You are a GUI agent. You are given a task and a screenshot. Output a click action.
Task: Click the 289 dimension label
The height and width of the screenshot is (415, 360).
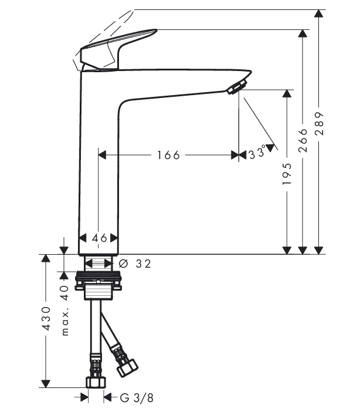tap(320, 124)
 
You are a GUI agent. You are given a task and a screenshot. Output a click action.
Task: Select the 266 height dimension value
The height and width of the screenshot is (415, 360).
tap(303, 140)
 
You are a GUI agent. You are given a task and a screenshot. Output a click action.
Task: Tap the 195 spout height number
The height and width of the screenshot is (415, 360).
tap(287, 174)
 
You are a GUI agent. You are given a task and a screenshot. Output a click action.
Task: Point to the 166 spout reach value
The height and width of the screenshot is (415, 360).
tap(168, 155)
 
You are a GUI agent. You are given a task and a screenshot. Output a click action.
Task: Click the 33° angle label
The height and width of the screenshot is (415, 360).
tap(257, 153)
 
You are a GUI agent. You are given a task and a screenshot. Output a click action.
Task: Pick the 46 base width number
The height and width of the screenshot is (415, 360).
tap(100, 238)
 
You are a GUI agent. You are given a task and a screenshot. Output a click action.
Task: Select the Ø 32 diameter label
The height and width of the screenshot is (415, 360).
tap(135, 264)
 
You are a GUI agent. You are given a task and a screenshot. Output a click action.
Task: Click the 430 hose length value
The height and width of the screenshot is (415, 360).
tap(46, 318)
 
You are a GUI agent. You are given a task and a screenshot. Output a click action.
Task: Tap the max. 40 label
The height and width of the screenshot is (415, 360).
tap(64, 311)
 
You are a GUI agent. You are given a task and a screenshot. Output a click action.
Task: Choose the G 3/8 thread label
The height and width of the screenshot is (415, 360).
tap(137, 397)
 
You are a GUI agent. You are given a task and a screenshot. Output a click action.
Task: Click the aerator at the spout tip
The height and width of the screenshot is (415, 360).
tap(237, 87)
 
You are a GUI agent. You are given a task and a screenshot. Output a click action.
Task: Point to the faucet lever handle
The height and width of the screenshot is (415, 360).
tap(118, 48)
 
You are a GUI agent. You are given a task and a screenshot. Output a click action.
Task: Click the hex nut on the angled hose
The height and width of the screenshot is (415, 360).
tap(127, 367)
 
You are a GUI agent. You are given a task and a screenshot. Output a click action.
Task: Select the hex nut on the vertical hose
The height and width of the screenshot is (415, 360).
tap(96, 382)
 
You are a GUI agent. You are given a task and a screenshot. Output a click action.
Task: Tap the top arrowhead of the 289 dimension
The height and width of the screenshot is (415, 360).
tap(319, 14)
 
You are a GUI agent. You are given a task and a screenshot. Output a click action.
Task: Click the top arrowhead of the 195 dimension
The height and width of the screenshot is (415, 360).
tap(287, 94)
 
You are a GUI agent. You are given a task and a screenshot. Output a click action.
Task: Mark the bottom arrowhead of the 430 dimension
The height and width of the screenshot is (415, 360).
tap(46, 384)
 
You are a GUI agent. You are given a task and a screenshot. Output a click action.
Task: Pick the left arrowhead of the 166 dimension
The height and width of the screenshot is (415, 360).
tap(102, 155)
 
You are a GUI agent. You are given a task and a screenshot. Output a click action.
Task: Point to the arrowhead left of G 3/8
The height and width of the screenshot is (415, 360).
tap(84, 397)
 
